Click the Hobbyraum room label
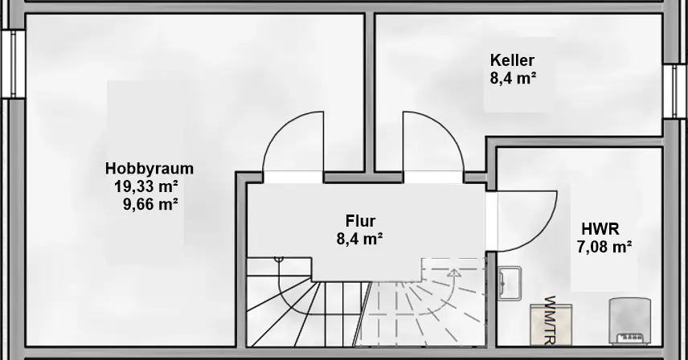[149, 169]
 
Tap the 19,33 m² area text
[145, 186]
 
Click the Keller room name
[512, 60]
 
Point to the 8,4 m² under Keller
[512, 78]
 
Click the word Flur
[360, 220]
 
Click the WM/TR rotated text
[551, 317]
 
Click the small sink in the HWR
[510, 284]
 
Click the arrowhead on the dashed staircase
[454, 273]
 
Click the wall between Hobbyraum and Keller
[371, 88]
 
